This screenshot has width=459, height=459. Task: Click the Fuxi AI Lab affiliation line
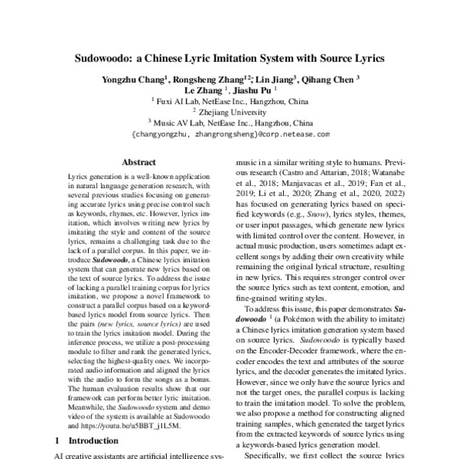[230, 100]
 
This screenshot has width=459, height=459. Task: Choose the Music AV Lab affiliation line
[230, 122]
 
